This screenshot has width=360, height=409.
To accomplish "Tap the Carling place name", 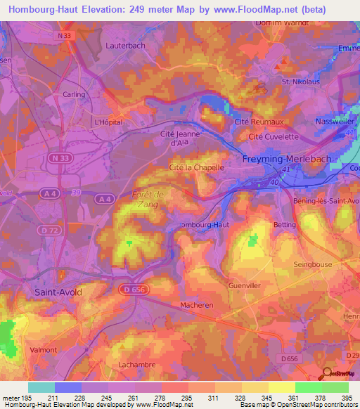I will click(x=75, y=93).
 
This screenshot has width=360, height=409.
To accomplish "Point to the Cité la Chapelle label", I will click(x=197, y=168).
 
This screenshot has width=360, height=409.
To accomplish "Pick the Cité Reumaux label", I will click(x=254, y=122).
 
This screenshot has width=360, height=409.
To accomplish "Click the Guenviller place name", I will click(x=244, y=286).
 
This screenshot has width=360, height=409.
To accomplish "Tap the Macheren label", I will click(x=197, y=305).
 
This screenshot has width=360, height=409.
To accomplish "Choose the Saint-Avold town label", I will click(x=59, y=290).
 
